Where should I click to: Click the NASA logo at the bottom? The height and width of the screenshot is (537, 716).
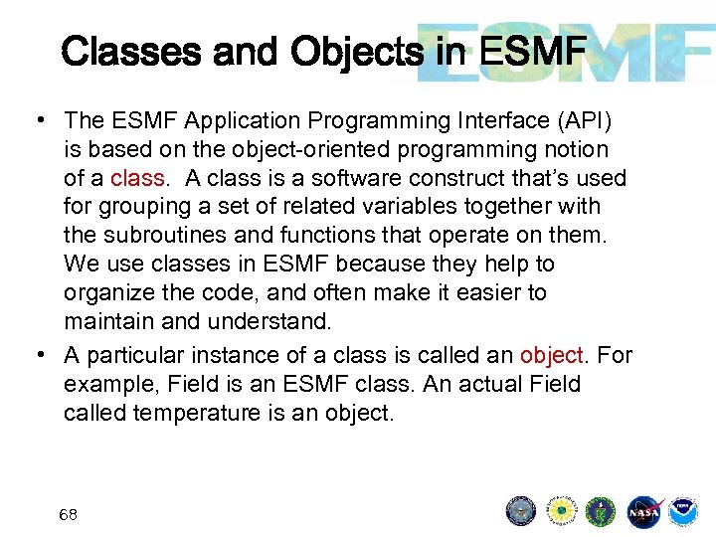644,511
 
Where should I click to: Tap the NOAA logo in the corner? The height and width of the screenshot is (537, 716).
683,511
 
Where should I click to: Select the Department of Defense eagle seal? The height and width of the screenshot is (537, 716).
520,511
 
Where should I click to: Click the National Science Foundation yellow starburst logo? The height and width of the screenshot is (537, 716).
562,511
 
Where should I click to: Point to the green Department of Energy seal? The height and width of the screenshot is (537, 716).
602,511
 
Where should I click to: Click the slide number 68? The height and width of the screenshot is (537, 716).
69,515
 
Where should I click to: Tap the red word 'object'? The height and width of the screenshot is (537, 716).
551,355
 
